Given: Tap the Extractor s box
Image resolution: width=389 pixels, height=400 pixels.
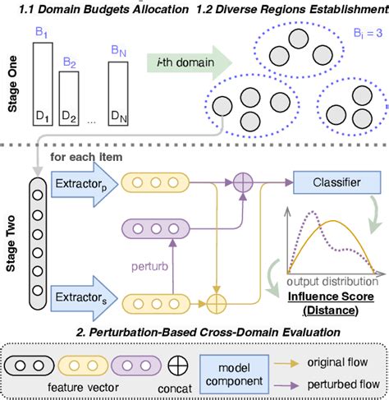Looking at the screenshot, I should pyautogui.click(x=80, y=292).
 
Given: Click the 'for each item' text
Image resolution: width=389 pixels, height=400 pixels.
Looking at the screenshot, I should pyautogui.click(x=89, y=156).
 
